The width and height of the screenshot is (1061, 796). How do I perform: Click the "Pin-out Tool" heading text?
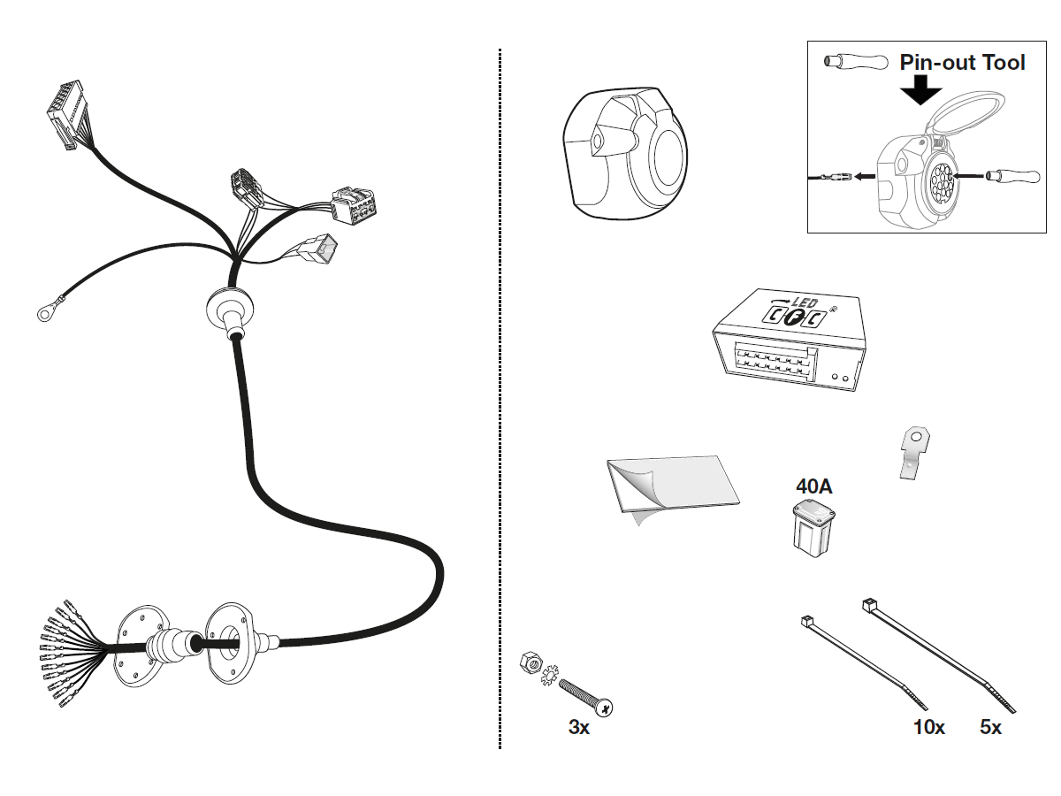pyautogui.click(x=962, y=63)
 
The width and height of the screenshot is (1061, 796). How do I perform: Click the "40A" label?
pyautogui.click(x=813, y=486)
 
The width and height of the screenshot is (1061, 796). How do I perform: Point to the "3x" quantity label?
pyautogui.click(x=579, y=727)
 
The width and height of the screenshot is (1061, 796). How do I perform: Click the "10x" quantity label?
pyautogui.click(x=928, y=727)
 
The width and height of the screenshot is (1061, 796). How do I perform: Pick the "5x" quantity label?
pyautogui.click(x=990, y=727)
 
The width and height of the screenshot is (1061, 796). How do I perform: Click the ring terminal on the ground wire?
pyautogui.click(x=42, y=310)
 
